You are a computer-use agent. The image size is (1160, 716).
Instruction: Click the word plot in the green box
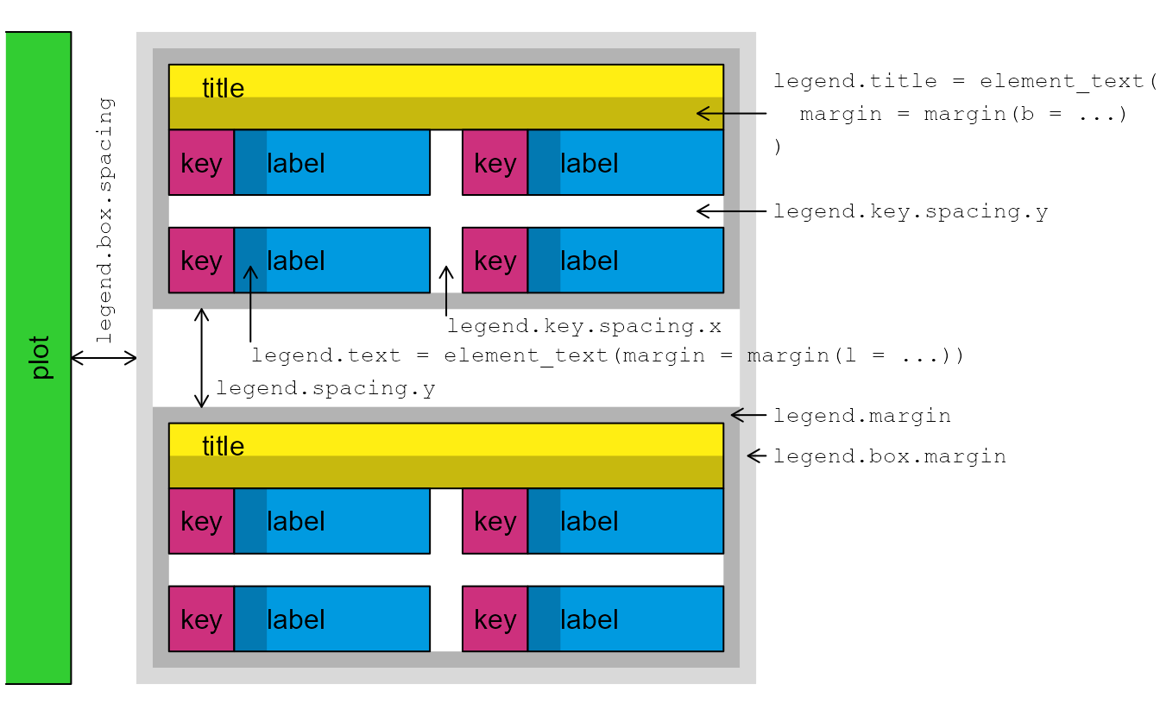click(40, 358)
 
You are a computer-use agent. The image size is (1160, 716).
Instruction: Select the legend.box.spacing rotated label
click(105, 221)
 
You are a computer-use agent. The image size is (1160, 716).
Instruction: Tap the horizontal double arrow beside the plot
click(104, 358)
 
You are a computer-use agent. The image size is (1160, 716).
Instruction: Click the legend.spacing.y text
click(325, 389)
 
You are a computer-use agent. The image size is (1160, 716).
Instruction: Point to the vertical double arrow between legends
click(201, 358)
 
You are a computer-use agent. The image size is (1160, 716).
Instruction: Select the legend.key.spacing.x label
click(583, 327)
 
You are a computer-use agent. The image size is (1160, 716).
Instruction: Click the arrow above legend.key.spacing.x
click(446, 290)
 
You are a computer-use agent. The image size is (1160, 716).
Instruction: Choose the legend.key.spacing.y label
click(911, 211)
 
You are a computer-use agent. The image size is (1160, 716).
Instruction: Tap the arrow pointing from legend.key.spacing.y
click(730, 210)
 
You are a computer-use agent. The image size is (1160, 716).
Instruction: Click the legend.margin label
click(861, 416)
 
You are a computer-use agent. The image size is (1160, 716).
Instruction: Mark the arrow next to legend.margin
click(748, 415)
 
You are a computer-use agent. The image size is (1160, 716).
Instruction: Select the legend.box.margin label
click(889, 456)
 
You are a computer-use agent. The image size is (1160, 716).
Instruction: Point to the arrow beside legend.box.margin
click(757, 455)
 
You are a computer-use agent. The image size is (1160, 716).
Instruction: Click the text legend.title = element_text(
click(963, 82)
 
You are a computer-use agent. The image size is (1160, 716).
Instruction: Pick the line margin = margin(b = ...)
click(963, 115)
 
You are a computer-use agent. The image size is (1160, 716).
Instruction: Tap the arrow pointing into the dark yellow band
click(730, 113)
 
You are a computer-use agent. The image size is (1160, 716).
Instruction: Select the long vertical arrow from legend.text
click(250, 303)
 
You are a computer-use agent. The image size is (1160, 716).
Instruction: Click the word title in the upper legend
click(223, 88)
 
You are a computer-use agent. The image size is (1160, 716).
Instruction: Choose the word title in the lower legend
click(223, 446)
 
